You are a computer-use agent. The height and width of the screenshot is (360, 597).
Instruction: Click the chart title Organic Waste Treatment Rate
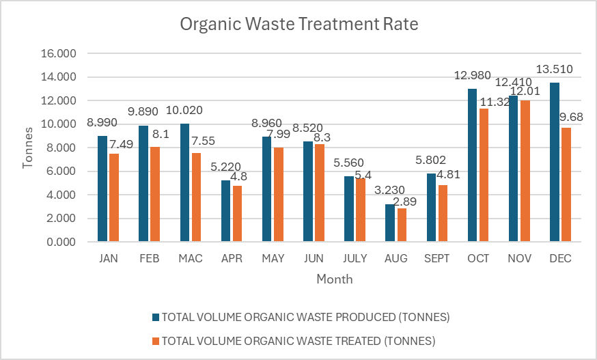[x=298, y=25]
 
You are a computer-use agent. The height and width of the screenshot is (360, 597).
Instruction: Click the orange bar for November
[x=524, y=171]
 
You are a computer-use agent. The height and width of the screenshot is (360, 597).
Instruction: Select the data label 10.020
[x=184, y=111]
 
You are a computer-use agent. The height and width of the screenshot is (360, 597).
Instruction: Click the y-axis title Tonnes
[x=28, y=148]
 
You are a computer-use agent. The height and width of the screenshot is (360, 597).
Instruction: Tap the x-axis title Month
[x=335, y=279]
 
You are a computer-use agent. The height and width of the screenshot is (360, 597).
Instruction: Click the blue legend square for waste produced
[x=156, y=317]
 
